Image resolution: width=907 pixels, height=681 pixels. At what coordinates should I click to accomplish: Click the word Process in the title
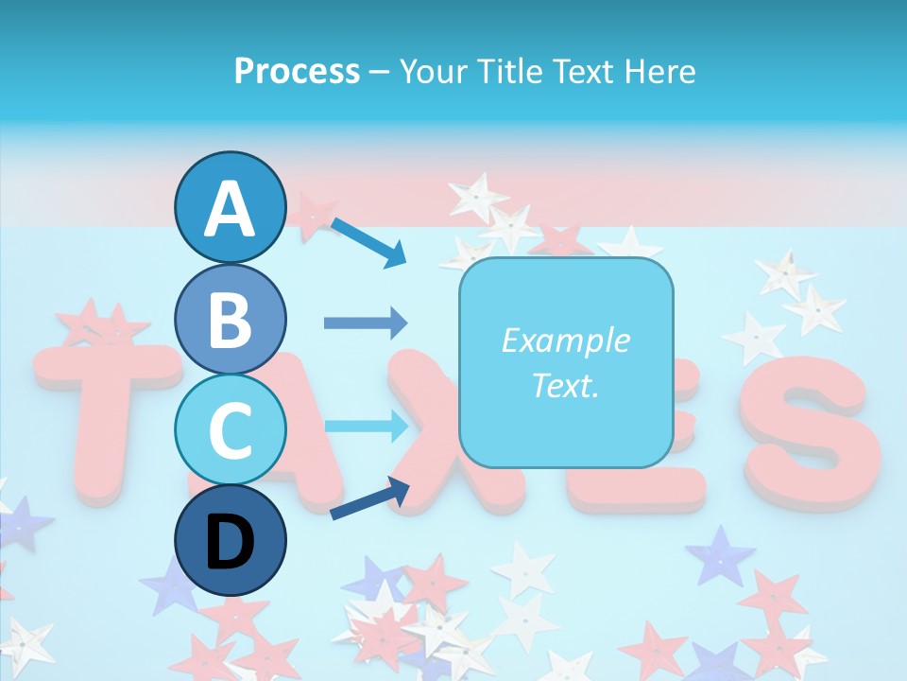pos(297,71)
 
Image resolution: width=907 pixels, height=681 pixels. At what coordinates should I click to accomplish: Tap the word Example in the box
pos(565,340)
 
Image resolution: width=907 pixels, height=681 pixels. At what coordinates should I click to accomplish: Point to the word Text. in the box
pos(565,386)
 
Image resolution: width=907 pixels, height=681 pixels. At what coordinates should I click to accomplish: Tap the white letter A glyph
pos(231,208)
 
